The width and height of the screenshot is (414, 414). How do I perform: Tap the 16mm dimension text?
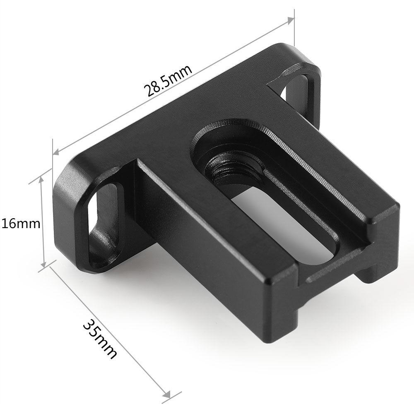click(20, 224)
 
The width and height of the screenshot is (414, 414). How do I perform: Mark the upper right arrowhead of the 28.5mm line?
click(290, 21)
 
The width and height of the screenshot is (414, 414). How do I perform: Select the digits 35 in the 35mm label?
click(92, 330)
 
